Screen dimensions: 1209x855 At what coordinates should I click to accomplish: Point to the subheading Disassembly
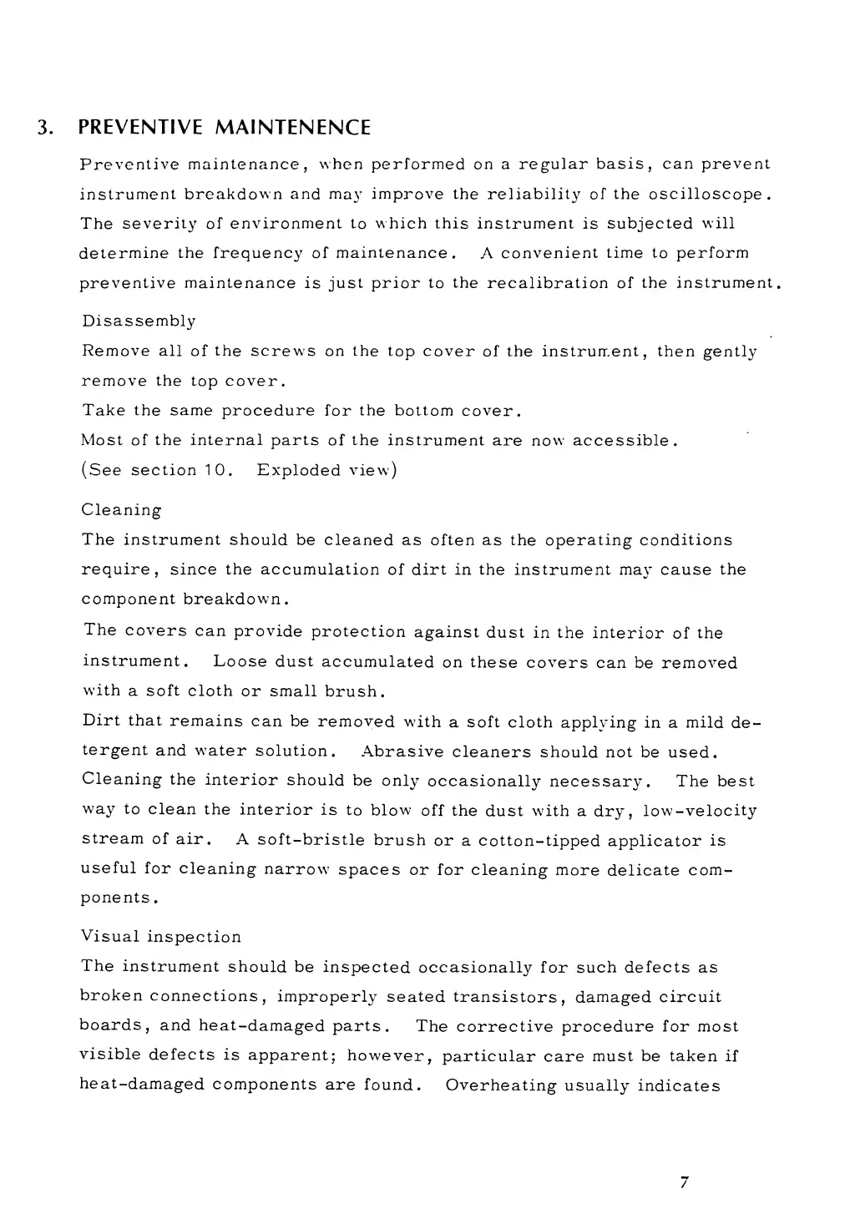(139, 321)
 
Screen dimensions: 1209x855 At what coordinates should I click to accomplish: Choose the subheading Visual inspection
(161, 937)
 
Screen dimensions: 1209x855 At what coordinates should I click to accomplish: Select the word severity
(155, 224)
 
